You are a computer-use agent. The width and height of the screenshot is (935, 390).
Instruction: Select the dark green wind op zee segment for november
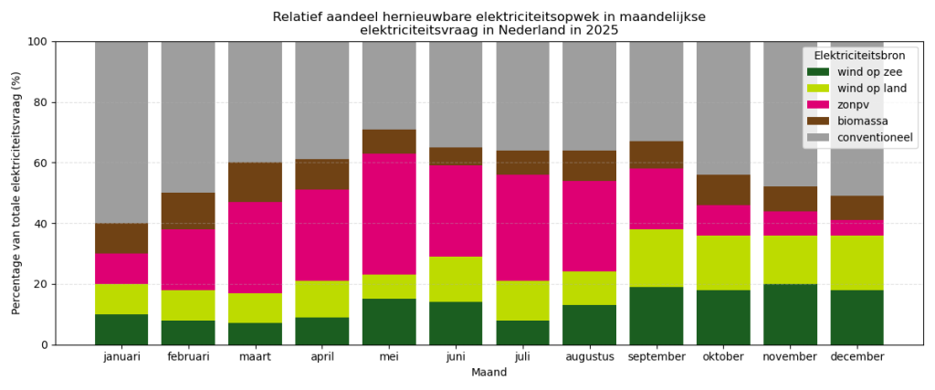(x=790, y=314)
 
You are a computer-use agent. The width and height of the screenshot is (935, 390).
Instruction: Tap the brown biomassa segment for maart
(x=255, y=183)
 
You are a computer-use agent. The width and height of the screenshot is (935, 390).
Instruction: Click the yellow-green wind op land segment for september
(x=657, y=258)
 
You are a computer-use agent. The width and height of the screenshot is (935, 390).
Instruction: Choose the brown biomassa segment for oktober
(x=723, y=190)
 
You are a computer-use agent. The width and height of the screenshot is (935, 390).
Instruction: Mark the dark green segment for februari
(x=188, y=332)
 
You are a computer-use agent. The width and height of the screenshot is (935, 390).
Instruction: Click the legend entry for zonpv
(x=853, y=105)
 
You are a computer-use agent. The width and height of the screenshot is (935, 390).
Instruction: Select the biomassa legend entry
(x=862, y=121)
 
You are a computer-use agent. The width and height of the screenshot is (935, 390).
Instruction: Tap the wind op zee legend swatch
(x=818, y=72)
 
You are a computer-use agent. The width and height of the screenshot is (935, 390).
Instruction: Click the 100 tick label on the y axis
(x=37, y=42)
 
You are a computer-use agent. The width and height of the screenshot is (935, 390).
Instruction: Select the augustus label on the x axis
(x=589, y=357)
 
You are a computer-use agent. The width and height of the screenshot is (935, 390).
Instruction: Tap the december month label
(x=856, y=357)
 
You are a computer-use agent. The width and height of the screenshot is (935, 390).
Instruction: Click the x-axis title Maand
(x=489, y=373)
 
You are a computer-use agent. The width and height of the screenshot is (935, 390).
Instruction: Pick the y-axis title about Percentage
(x=16, y=193)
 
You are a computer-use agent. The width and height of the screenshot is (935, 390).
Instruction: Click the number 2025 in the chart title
(x=602, y=30)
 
